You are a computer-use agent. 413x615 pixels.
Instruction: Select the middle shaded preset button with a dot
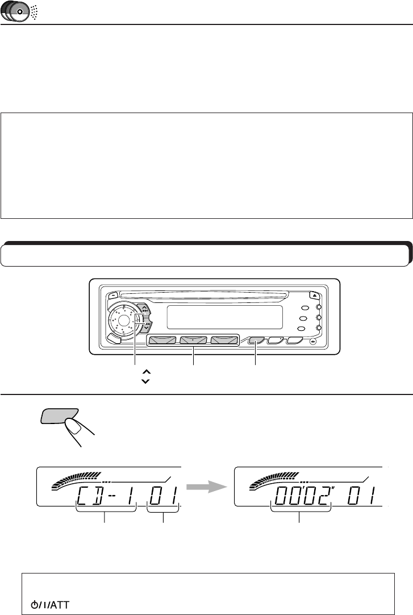click(194, 340)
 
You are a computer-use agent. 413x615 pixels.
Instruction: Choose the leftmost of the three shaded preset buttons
click(162, 340)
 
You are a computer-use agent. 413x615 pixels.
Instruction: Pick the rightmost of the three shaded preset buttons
click(226, 340)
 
